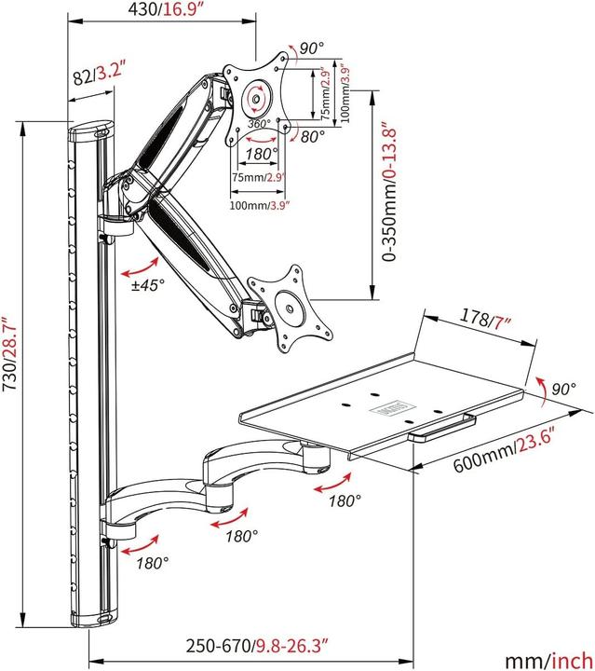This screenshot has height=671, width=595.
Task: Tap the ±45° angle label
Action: coord(147,286)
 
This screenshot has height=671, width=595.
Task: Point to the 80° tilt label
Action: coord(312,136)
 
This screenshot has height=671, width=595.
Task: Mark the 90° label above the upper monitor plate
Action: coord(311,48)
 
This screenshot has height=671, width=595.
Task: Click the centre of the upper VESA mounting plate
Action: coord(254,96)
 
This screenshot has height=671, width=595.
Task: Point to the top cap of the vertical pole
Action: coord(90,131)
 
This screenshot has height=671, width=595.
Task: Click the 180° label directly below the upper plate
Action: coord(262,154)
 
